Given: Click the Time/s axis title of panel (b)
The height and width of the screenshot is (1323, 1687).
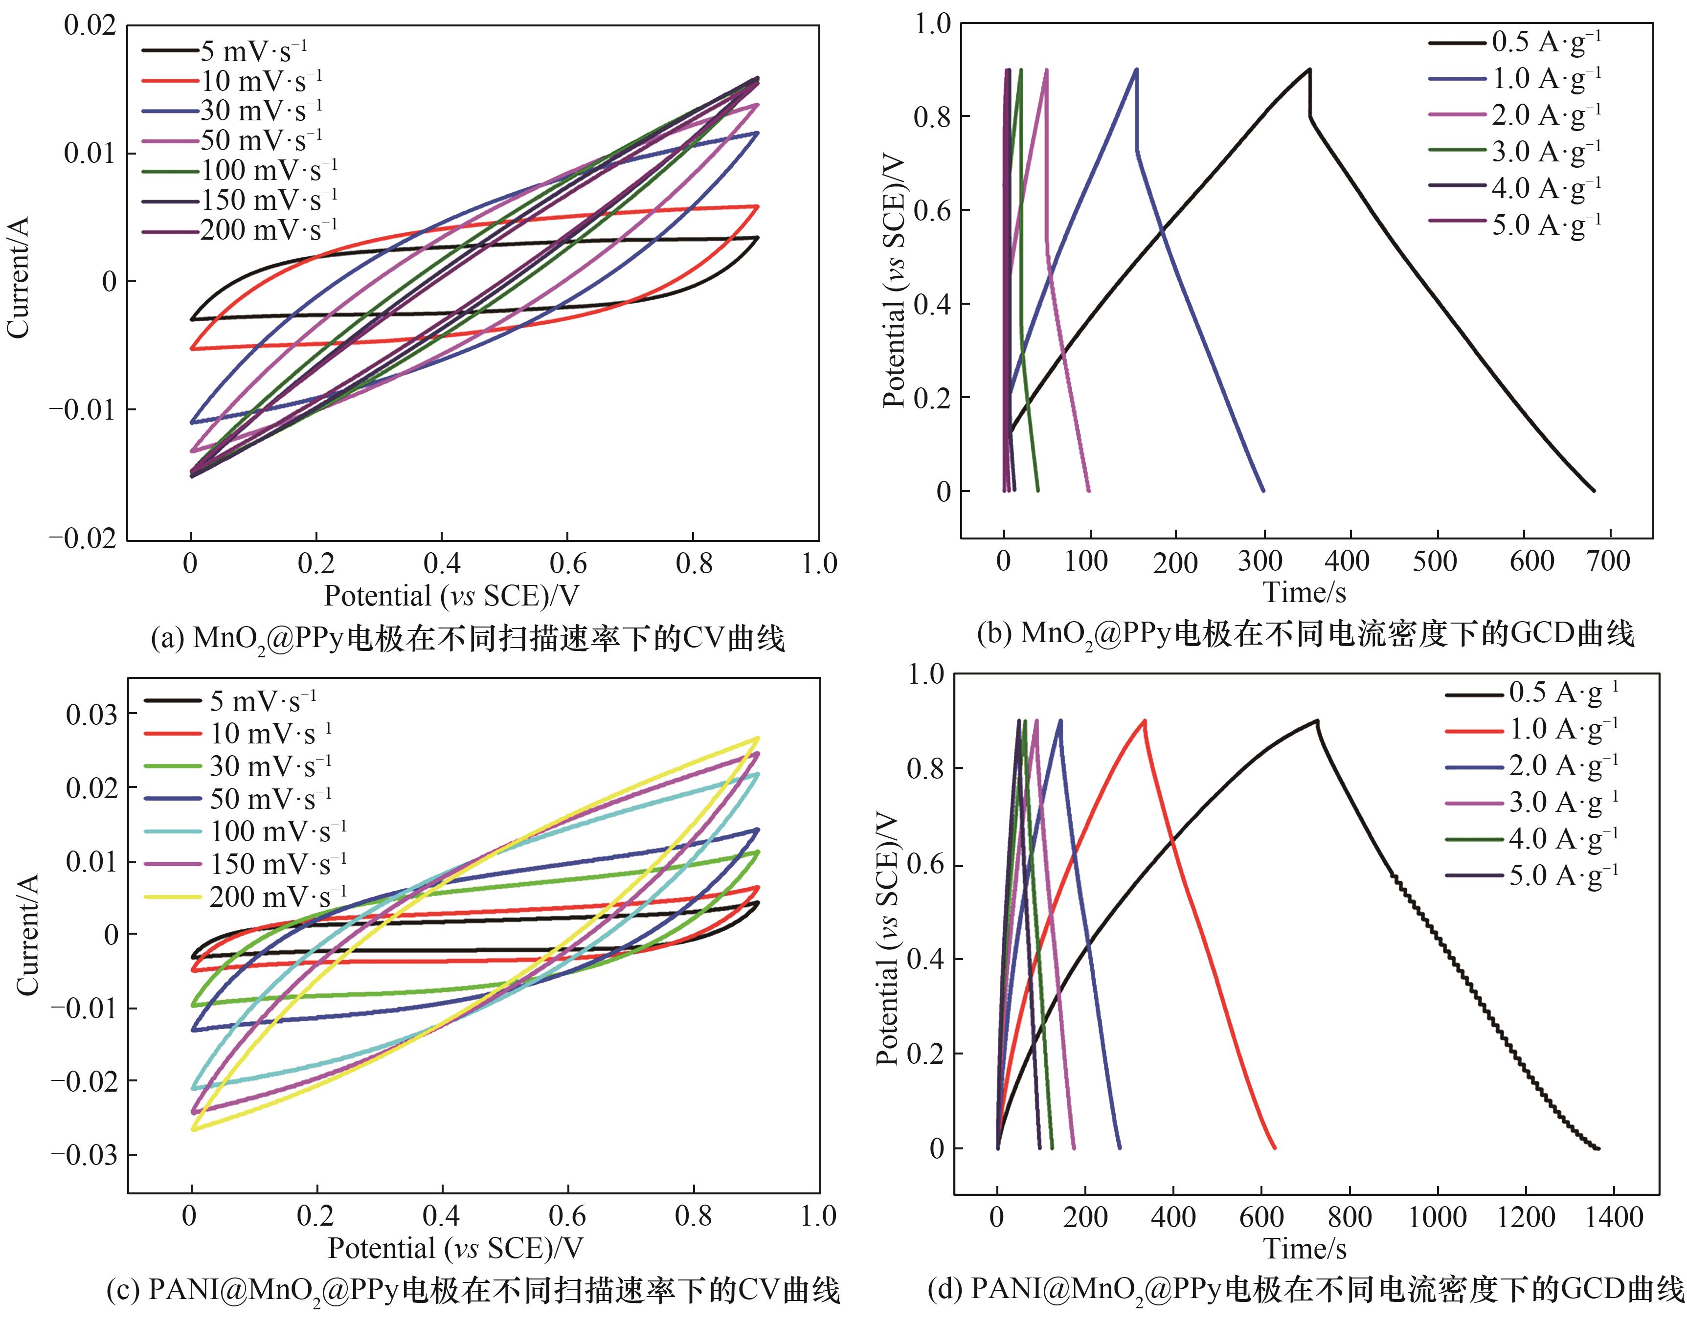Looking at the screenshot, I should coord(1305,593).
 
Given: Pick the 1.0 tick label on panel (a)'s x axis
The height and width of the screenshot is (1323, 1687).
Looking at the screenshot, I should coord(819,564).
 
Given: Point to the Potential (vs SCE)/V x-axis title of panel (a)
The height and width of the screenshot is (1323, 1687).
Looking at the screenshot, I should coord(451,596).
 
